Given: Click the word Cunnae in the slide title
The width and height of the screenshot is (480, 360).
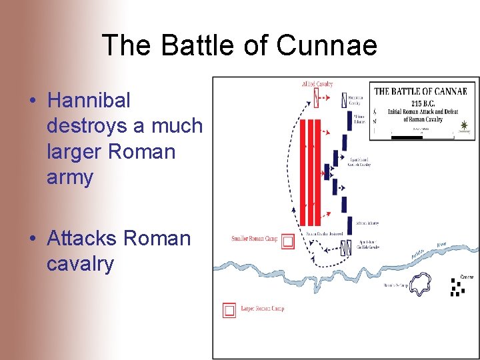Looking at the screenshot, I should pyautogui.click(x=327, y=46).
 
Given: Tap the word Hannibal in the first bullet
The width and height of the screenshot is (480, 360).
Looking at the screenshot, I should pyautogui.click(x=89, y=101).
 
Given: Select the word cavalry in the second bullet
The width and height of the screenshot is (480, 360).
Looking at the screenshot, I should pyautogui.click(x=80, y=264).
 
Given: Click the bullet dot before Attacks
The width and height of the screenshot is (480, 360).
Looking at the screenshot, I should pyautogui.click(x=33, y=239).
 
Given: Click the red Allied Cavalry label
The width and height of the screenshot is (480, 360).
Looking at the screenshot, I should pyautogui.click(x=317, y=84).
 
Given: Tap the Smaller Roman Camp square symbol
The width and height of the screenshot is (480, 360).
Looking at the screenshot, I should pyautogui.click(x=288, y=241).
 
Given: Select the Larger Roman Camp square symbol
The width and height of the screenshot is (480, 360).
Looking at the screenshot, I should pyautogui.click(x=229, y=310).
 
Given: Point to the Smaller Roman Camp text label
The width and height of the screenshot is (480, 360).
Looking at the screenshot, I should pyautogui.click(x=255, y=239).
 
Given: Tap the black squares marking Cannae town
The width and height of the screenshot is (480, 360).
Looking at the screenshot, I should pyautogui.click(x=457, y=287).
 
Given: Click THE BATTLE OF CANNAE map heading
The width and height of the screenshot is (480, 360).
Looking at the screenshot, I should pyautogui.click(x=425, y=91).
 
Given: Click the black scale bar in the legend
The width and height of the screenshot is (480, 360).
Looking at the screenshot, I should pyautogui.click(x=407, y=137).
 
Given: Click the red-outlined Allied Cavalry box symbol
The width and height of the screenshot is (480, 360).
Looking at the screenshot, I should pyautogui.click(x=317, y=100).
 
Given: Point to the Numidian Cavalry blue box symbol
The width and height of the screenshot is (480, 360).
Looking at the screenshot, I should pyautogui.click(x=344, y=100).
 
